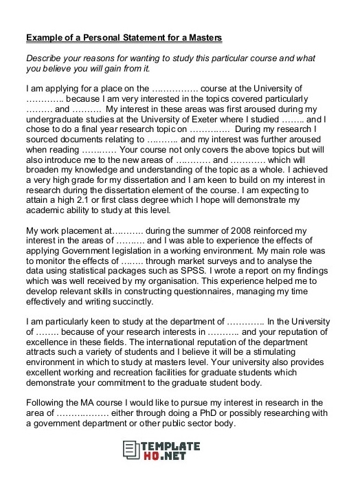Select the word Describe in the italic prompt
pos(45,57)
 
